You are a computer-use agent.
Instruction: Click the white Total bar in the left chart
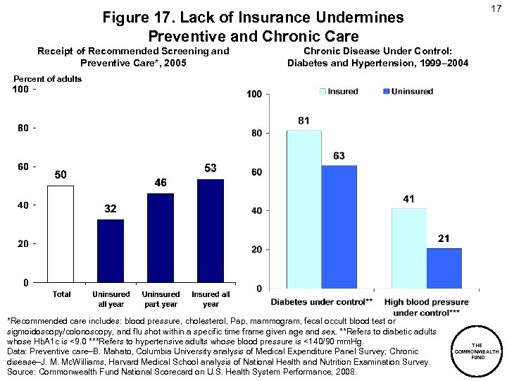pos(61,234)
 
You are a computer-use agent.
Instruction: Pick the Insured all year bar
pos(211,231)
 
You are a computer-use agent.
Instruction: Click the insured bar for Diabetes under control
pos(303,209)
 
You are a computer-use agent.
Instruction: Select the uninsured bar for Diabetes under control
pos(339,226)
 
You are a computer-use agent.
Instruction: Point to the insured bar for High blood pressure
pos(408,248)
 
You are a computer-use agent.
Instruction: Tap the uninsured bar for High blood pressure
pos(444,267)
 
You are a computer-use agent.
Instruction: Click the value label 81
pos(303,121)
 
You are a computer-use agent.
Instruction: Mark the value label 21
pos(444,239)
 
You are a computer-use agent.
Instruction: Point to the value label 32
pos(111,210)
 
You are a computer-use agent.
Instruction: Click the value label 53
pos(211,168)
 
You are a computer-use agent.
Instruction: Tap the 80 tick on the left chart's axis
pos(23,128)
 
